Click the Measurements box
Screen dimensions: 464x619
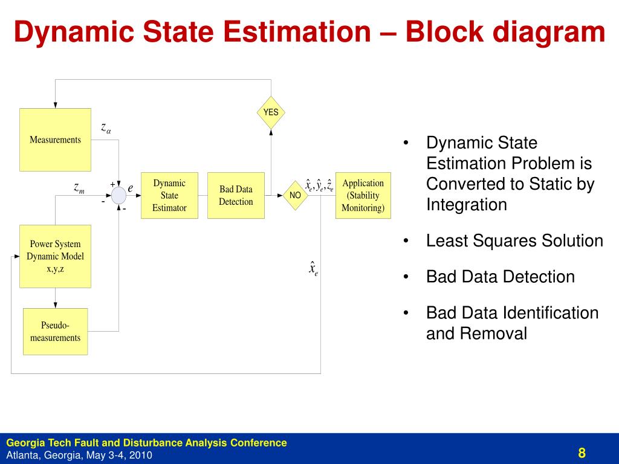click(x=55, y=140)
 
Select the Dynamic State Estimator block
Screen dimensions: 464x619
click(x=169, y=195)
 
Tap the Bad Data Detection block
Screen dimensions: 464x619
click(x=236, y=195)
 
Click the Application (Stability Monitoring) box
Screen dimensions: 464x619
click(x=363, y=195)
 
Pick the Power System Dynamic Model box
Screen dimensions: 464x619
click(x=55, y=256)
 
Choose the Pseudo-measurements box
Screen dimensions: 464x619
click(x=55, y=332)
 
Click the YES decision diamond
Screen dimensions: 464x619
click(x=271, y=112)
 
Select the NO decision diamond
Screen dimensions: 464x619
click(x=295, y=195)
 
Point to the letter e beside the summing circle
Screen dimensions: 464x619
click(x=130, y=188)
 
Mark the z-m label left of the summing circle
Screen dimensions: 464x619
click(x=79, y=188)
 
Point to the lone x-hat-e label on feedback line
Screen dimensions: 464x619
click(x=313, y=268)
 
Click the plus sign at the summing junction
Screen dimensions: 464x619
click(x=112, y=184)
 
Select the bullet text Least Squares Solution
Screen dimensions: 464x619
click(x=514, y=241)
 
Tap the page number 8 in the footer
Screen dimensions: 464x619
click(x=582, y=453)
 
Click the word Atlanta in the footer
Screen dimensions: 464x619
click(x=24, y=455)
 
